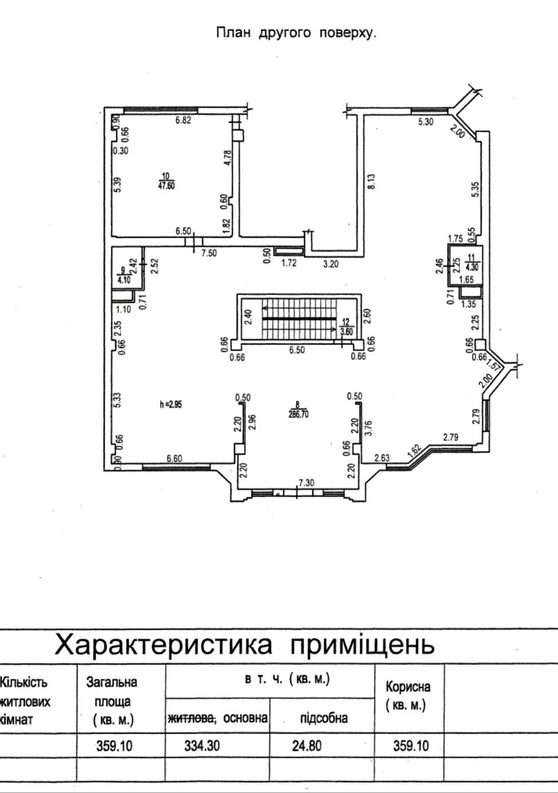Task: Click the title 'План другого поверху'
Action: coord(296,33)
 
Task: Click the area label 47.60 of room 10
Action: coord(166,185)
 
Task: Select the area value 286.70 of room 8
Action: coord(299,413)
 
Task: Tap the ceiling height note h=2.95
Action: coord(171,404)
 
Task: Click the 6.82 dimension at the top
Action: coord(183,121)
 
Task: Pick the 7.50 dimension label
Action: coord(209,253)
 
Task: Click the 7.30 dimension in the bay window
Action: coord(306,483)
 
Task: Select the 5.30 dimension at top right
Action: coord(426,121)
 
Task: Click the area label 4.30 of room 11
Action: coord(471,268)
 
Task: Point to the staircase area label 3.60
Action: coord(347,331)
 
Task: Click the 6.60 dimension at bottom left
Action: coord(175,458)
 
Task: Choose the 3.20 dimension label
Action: coord(330,263)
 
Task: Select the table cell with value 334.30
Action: coord(202,745)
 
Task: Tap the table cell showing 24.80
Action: coord(306,745)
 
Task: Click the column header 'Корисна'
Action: coord(408,687)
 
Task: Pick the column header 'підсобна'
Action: coord(324,718)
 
